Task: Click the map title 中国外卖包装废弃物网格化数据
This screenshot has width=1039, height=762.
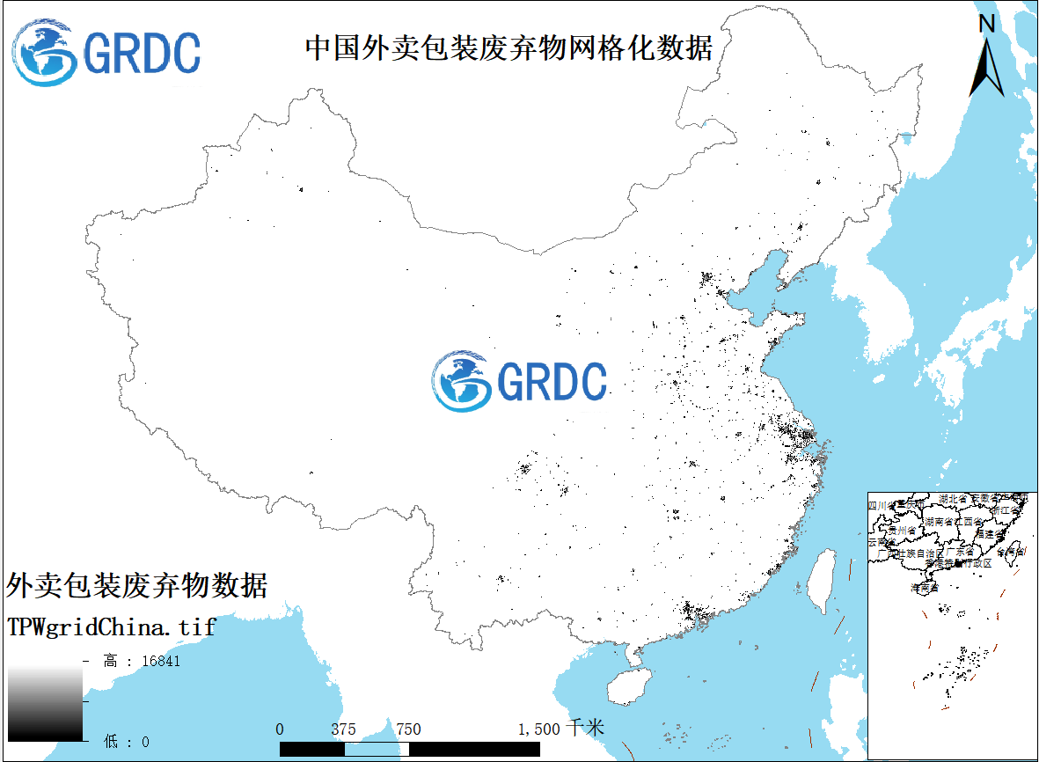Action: [x=509, y=48]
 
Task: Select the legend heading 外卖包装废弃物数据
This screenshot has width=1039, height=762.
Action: [x=136, y=584]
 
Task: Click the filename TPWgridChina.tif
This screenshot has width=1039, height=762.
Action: [x=111, y=627]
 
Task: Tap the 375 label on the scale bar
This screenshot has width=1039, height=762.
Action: [x=344, y=729]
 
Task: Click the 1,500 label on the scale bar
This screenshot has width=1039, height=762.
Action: [x=538, y=729]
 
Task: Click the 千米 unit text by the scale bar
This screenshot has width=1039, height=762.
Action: [x=586, y=729]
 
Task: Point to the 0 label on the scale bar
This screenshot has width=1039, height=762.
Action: [x=280, y=729]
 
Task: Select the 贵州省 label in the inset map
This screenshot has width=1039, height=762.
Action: [x=902, y=531]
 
